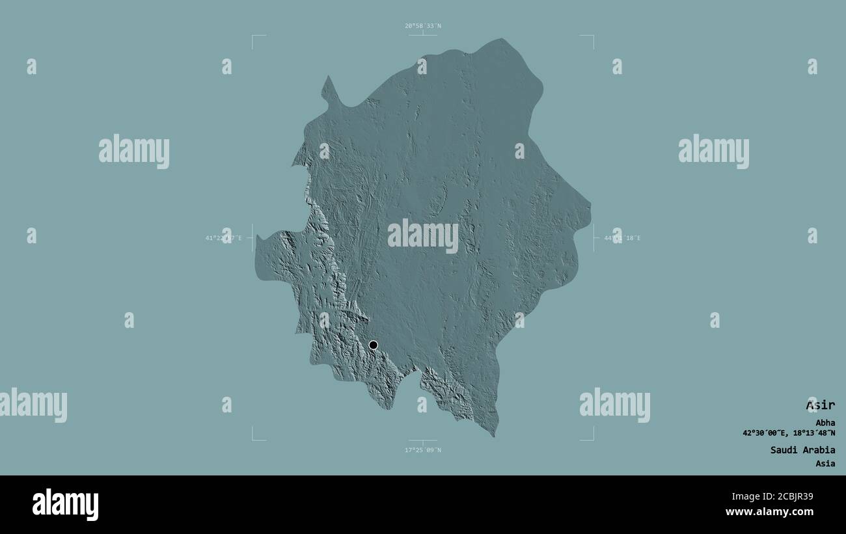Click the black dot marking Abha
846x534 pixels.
click(x=373, y=345)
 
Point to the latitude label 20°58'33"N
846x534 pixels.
click(x=422, y=26)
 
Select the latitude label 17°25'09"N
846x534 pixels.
click(x=422, y=449)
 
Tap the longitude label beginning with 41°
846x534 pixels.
click(x=223, y=238)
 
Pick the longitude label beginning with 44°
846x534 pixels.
click(x=622, y=238)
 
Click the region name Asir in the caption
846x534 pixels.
click(x=820, y=405)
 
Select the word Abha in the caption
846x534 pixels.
click(x=825, y=422)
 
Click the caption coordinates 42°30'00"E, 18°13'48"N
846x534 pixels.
click(x=789, y=433)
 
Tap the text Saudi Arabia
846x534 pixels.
click(x=802, y=449)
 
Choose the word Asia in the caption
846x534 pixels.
click(x=825, y=464)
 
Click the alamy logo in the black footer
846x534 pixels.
click(x=65, y=505)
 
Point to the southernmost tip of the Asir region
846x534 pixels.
click(x=494, y=435)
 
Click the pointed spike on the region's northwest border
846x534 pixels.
click(x=329, y=78)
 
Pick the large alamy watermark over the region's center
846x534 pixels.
click(x=422, y=236)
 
